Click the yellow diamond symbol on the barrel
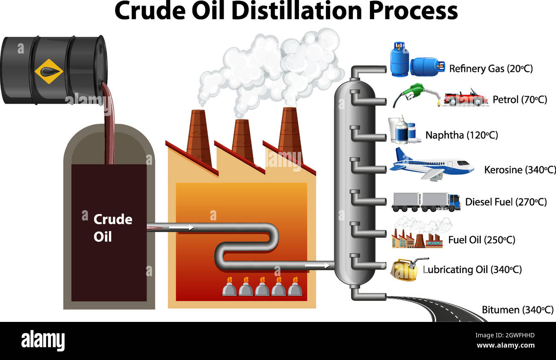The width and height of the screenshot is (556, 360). coord(48,71)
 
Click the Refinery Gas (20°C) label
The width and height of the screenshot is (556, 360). coord(491,68)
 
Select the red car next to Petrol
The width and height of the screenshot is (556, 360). coord(465,98)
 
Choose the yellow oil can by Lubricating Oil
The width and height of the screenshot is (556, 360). coord(405,270)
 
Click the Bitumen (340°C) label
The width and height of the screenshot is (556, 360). coord(518,309)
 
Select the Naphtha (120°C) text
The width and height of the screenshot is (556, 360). coord(461,135)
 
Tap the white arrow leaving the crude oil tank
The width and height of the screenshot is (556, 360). coord(181,228)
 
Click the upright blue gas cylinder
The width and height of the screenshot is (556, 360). coord(399,60)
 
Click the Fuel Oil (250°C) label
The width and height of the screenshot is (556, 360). coord(481,240)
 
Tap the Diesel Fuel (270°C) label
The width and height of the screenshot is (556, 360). coord(506,202)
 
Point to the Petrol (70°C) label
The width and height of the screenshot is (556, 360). coord(519,100)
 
